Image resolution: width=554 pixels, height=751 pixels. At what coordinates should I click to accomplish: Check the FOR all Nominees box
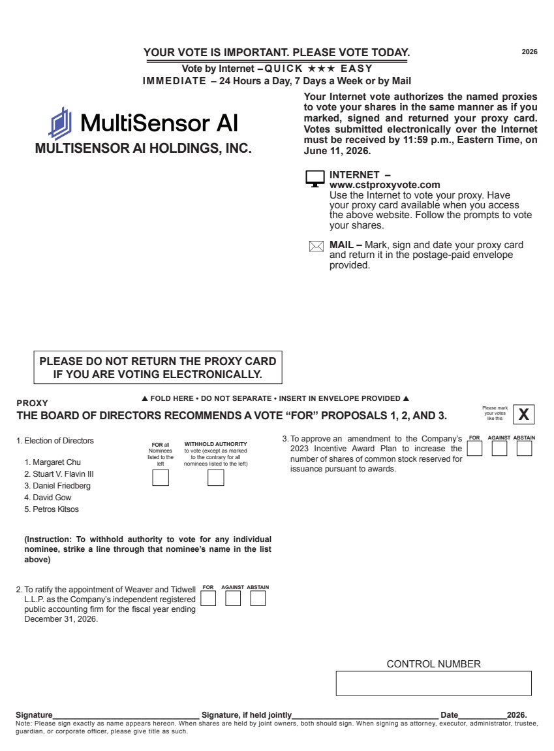coord(161,478)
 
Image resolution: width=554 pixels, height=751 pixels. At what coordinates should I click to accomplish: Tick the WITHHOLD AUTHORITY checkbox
coord(215,478)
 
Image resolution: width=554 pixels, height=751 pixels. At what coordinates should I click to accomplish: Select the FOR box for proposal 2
coord(208,598)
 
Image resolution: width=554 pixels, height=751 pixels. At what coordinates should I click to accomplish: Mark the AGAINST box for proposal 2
coord(233,598)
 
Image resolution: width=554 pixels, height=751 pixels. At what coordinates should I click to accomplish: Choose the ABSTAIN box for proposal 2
coord(258,598)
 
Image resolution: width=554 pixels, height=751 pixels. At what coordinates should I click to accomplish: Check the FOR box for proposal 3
coord(475,449)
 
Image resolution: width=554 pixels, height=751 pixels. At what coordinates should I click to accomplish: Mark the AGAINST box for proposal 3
coord(499,449)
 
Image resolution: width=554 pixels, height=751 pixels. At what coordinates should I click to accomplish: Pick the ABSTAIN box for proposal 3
coord(524,449)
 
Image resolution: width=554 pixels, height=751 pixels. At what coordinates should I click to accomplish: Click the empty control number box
coord(433,683)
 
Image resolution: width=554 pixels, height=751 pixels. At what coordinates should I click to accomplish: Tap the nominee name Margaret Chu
coord(54,462)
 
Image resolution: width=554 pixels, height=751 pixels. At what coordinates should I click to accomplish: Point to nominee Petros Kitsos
coord(55,509)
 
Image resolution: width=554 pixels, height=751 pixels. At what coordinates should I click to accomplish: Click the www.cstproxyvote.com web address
coord(384,185)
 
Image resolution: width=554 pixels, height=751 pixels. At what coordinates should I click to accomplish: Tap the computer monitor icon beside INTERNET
coord(315,178)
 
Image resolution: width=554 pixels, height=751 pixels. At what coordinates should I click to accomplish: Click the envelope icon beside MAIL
coord(316,247)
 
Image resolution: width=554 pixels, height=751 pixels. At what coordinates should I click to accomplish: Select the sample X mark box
coord(523,414)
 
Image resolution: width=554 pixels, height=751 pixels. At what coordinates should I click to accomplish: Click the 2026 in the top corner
coord(529,52)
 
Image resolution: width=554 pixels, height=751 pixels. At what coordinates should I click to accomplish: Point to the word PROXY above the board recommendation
coord(32,404)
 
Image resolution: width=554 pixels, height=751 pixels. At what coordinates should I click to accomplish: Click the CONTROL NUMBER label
coord(433,664)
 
